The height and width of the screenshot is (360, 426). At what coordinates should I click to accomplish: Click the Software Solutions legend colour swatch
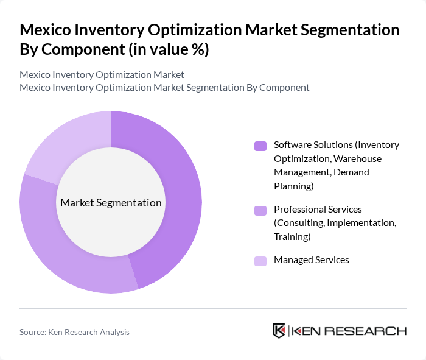tap(260, 146)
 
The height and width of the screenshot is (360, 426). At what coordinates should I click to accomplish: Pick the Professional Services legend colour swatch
tap(260, 210)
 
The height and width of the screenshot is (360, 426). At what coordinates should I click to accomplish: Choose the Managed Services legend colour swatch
tap(260, 261)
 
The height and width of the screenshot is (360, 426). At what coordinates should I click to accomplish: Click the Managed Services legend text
tap(311, 260)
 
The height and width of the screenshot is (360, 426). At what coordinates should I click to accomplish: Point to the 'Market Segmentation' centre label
tap(110, 203)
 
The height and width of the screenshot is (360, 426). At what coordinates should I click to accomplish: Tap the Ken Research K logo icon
tap(279, 331)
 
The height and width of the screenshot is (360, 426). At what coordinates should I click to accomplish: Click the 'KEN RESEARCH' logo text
tap(349, 331)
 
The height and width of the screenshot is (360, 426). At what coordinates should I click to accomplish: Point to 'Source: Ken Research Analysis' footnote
tap(74, 332)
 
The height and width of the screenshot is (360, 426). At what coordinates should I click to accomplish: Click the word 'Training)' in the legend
tap(292, 236)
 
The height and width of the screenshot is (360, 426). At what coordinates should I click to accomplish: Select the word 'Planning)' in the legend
tap(294, 186)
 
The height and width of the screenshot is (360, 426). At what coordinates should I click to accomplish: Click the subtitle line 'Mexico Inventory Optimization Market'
tap(102, 74)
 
